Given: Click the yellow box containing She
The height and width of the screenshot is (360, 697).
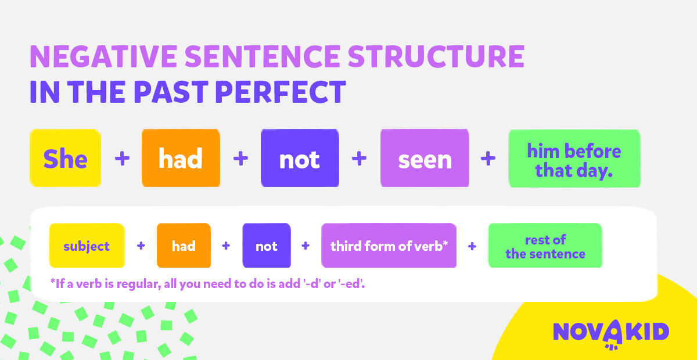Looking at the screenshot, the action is [65, 158].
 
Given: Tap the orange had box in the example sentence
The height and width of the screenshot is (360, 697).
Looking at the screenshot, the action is [181, 158].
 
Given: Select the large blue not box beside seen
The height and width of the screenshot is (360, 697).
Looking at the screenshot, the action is [300, 158].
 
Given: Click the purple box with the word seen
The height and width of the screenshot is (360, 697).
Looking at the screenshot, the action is [425, 158].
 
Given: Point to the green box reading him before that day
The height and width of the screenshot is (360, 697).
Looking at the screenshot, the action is [574, 159].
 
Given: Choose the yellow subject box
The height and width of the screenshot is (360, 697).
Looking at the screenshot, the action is [87, 246].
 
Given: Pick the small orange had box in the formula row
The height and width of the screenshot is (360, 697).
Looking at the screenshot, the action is [184, 246].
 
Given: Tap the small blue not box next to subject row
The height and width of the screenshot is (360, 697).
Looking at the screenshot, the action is [267, 246].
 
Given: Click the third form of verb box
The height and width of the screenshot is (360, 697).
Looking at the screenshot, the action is [389, 246].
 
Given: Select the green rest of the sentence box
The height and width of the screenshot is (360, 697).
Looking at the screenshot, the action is [545, 246].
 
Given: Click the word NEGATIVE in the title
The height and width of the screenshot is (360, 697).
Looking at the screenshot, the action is [103, 56].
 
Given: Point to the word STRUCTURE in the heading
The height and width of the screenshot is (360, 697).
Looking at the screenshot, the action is [436, 56].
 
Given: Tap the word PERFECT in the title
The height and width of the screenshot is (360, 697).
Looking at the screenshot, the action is [281, 92].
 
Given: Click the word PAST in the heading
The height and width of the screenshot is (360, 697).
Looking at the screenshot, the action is [171, 92].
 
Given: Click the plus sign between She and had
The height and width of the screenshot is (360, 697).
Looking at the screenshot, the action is [122, 158].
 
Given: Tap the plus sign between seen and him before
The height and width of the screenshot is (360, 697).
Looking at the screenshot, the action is [488, 158].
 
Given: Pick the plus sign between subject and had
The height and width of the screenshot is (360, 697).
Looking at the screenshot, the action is [141, 246].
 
